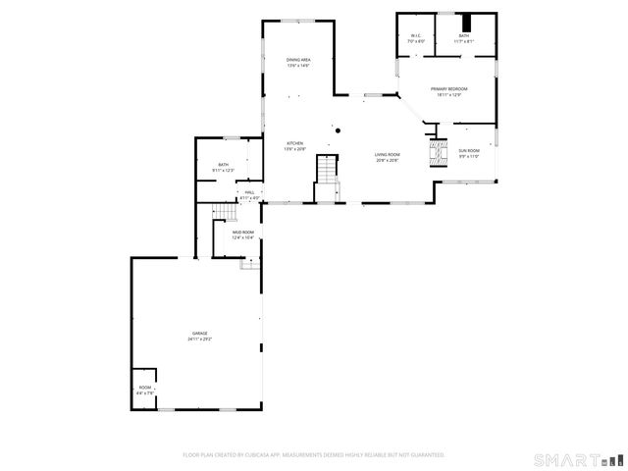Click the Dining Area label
coord(298,61)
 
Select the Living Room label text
coord(388,155)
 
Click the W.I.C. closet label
coord(416,36)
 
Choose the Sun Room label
coord(469,152)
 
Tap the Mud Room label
coord(242,233)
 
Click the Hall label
coord(249,192)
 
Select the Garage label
coord(199,334)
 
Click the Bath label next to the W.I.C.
coord(463,36)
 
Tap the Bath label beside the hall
coord(223,165)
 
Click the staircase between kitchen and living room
coord(327,172)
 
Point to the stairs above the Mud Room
coord(227,214)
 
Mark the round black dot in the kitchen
coord(338,130)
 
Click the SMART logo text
coord(566,458)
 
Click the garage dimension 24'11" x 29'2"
coord(199,339)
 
